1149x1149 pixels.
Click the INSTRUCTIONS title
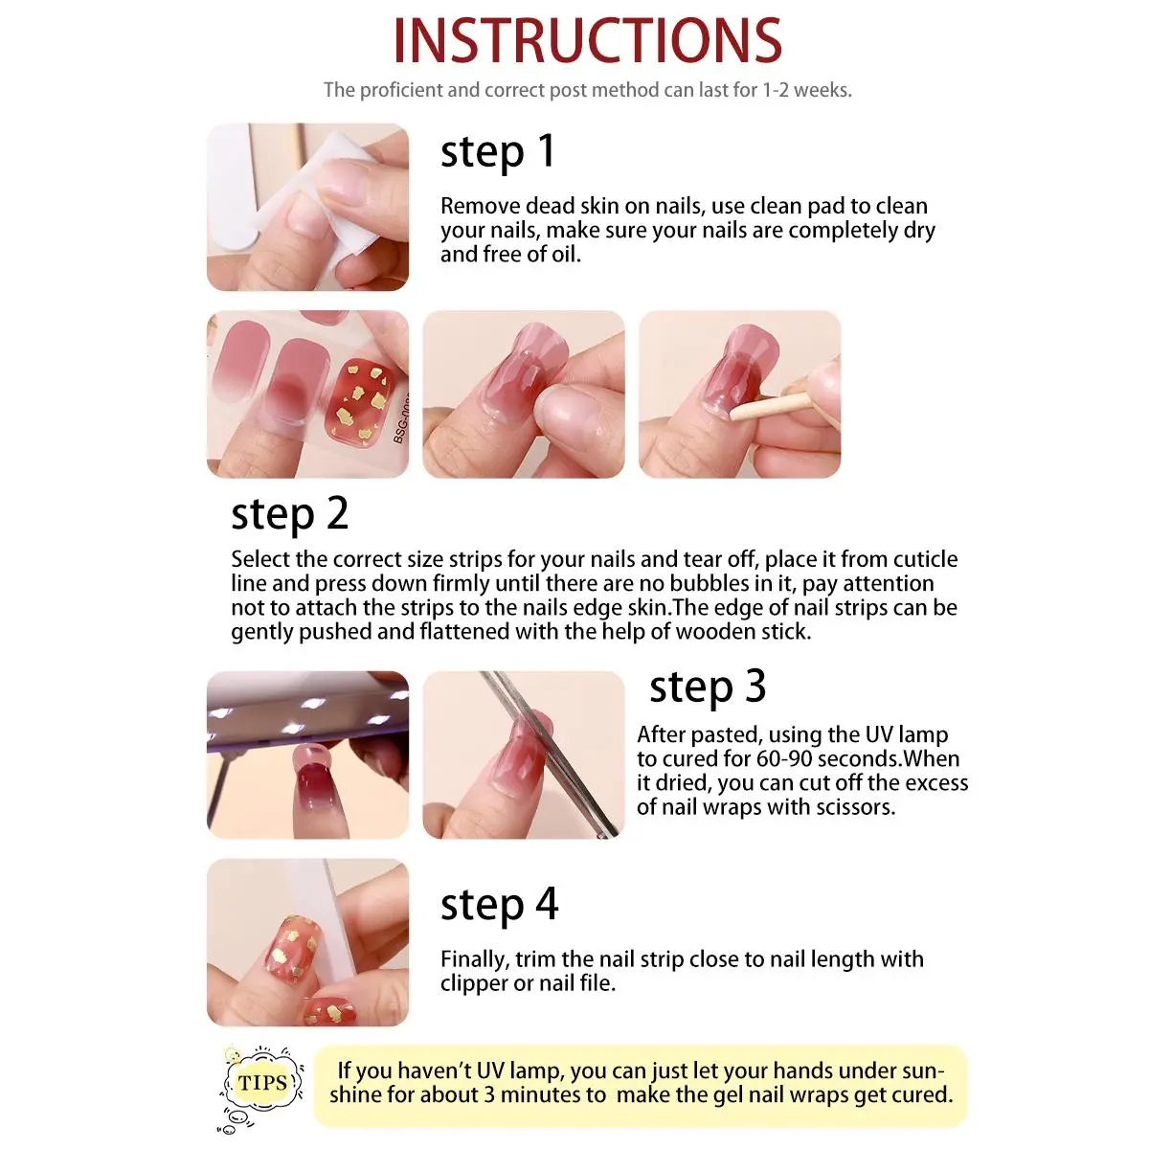[x=587, y=40]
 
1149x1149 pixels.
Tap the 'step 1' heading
[x=498, y=151]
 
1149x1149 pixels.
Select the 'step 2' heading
[x=289, y=514]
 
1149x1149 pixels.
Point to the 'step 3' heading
[x=708, y=687]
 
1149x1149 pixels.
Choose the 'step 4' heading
[x=499, y=904]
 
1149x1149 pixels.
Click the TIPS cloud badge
[x=262, y=1082]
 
